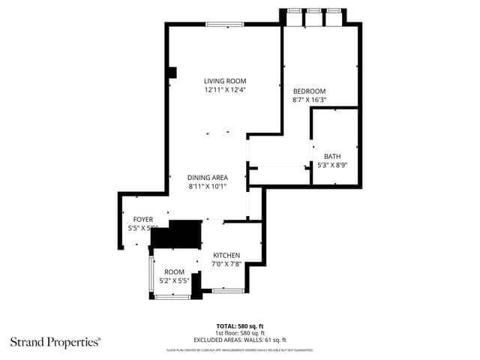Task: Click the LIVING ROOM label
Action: (225, 81)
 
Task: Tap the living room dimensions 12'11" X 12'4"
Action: (225, 90)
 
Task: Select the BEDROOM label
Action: (308, 90)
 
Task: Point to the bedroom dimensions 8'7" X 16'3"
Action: (308, 99)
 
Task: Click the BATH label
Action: (331, 156)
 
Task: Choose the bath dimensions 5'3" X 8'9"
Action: (331, 165)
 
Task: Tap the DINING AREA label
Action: (208, 178)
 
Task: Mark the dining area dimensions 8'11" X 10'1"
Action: (208, 187)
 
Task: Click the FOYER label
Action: (143, 220)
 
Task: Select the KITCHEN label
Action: (226, 255)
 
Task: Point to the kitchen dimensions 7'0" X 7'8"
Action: (226, 264)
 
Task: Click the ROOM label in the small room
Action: (175, 271)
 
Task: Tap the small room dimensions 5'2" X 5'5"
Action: (175, 280)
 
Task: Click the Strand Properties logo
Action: (55, 342)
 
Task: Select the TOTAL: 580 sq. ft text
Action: (240, 326)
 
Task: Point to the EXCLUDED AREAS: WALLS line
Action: (240, 340)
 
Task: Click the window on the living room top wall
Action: (225, 25)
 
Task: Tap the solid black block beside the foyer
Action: (177, 234)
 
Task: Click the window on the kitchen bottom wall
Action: (228, 290)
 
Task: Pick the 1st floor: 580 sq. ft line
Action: (240, 333)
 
